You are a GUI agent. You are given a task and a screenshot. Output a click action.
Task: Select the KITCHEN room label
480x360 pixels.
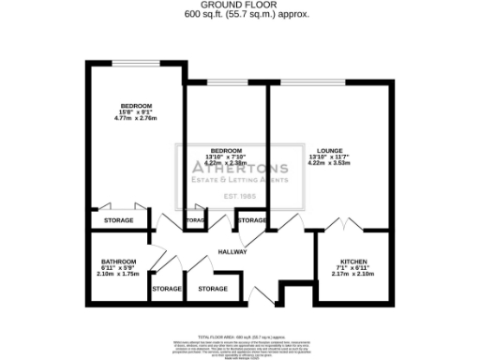point(353,262)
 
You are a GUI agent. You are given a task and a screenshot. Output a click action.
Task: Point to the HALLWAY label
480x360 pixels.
point(232,251)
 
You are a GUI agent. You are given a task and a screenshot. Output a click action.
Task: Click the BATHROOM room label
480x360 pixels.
point(119,262)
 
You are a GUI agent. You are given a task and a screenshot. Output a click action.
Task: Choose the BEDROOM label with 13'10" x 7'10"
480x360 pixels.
point(224,149)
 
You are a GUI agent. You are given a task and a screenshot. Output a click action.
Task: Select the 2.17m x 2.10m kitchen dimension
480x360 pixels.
point(353,274)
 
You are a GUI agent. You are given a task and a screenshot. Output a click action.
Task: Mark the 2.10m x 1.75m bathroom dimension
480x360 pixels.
point(118,274)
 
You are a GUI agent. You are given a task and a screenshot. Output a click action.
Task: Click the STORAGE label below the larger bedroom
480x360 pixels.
point(117,220)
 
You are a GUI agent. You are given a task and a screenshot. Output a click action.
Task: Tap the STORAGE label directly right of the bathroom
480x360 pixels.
point(166,288)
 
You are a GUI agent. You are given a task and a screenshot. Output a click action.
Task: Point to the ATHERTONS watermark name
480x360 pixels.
point(239,169)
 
